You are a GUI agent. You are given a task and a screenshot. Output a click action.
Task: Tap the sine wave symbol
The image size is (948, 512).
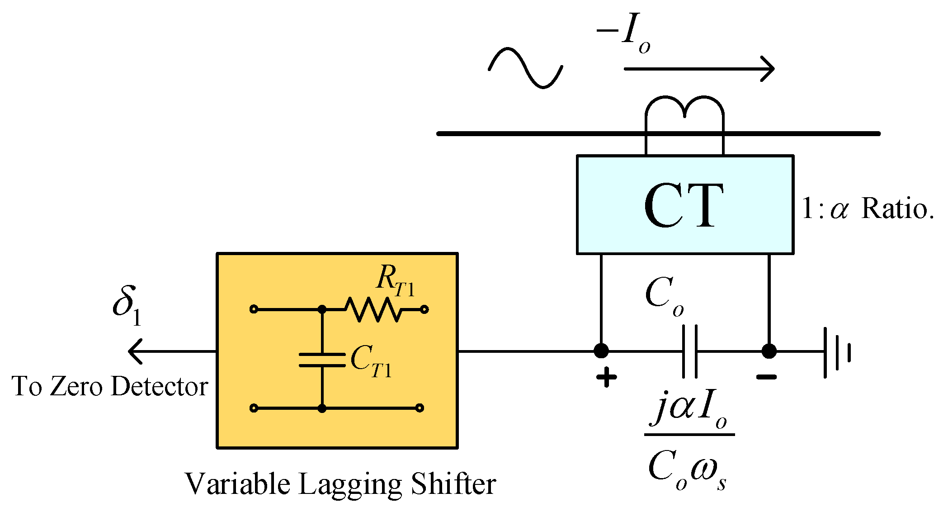(x=525, y=68)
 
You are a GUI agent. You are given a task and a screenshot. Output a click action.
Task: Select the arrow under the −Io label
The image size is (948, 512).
(x=698, y=69)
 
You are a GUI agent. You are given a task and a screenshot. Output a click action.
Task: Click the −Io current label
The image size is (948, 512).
(x=624, y=33)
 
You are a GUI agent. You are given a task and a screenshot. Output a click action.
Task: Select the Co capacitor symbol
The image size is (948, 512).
(x=689, y=351)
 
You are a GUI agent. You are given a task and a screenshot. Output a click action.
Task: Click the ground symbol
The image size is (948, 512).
(x=836, y=352)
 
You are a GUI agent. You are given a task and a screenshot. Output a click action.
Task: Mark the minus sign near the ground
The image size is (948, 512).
(x=767, y=377)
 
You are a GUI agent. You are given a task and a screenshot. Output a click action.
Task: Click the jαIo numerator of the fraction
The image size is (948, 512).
(x=689, y=410)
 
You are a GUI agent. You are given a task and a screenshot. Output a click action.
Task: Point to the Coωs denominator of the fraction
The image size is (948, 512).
(x=687, y=470)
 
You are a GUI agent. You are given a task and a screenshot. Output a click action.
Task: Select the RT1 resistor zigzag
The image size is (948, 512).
(x=373, y=309)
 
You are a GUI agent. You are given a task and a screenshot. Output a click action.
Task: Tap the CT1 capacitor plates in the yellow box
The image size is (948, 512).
(x=322, y=360)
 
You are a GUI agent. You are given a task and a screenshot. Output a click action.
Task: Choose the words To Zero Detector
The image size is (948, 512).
(x=110, y=386)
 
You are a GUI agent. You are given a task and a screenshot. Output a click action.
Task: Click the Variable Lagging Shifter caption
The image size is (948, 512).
(x=340, y=484)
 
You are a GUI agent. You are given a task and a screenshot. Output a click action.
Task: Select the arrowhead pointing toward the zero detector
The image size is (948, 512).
(x=136, y=351)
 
